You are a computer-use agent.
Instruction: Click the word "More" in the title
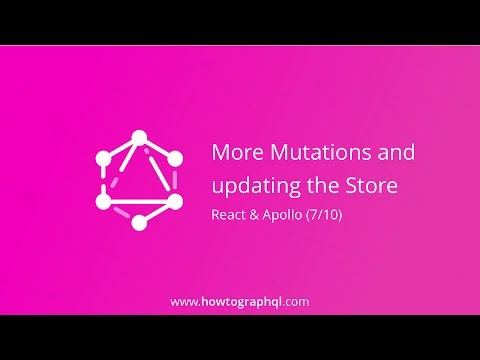(x=232, y=153)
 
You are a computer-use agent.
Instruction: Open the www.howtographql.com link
(x=239, y=300)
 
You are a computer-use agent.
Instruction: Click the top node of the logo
(x=140, y=137)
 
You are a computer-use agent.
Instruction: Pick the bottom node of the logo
(x=140, y=221)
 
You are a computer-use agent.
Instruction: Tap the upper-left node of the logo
(x=103, y=158)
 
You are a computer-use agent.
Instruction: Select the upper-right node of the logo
(x=176, y=158)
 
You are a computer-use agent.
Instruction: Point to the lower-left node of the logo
(x=103, y=200)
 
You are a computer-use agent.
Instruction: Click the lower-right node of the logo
(x=176, y=200)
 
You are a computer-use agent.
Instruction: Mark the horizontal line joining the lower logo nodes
(x=140, y=201)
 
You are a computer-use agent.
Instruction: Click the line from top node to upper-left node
(x=121, y=147)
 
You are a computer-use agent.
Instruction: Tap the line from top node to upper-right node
(x=158, y=147)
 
